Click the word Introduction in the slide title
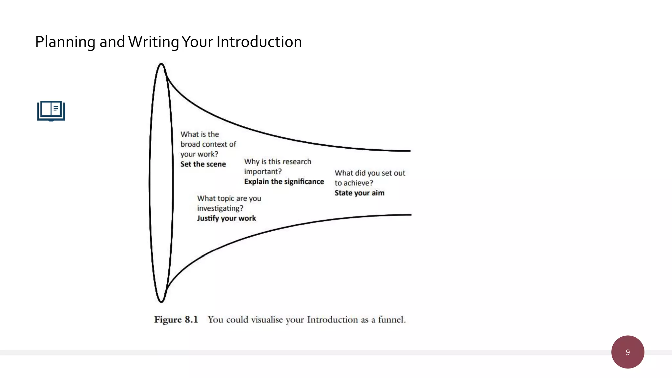(x=259, y=42)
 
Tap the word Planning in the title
(x=65, y=42)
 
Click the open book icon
(x=51, y=111)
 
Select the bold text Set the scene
(x=203, y=164)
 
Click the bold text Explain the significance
(x=284, y=181)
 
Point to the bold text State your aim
(x=359, y=193)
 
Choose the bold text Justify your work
(x=226, y=218)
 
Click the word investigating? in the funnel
(x=220, y=208)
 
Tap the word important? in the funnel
(x=263, y=172)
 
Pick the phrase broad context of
(x=208, y=144)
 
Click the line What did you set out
(x=370, y=173)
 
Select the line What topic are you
(x=229, y=198)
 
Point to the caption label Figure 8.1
(x=176, y=320)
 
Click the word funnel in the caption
(x=391, y=320)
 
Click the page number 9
(x=627, y=352)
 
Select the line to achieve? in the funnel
(x=354, y=183)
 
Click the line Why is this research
(x=278, y=161)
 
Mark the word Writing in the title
(x=154, y=42)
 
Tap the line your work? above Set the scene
(x=199, y=154)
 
